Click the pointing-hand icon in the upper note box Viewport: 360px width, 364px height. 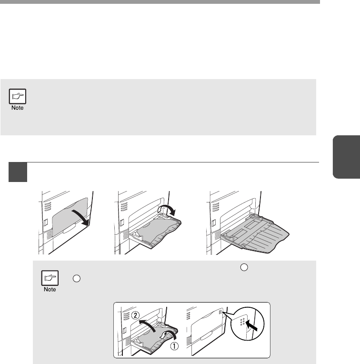pyautogui.click(x=18, y=96)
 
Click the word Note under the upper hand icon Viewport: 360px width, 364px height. pyautogui.click(x=18, y=108)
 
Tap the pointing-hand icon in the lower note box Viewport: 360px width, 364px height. pyautogui.click(x=50, y=278)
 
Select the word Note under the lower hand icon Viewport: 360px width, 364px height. pyautogui.click(x=50, y=289)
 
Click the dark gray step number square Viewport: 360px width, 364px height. pyautogui.click(x=18, y=172)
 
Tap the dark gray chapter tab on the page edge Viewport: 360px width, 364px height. pyautogui.click(x=347, y=157)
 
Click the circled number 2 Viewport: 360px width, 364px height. pyautogui.click(x=135, y=315)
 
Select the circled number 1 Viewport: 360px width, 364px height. pyautogui.click(x=174, y=346)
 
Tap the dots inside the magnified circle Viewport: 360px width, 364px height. pyautogui.click(x=242, y=322)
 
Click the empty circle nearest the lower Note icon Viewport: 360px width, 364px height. pyautogui.click(x=77, y=279)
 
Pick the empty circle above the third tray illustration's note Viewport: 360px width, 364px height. pyautogui.click(x=244, y=267)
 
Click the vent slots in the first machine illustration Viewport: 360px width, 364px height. pyautogui.click(x=48, y=206)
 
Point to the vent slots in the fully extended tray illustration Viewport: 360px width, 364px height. pyautogui.click(x=216, y=207)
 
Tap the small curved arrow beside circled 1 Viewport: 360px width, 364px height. pyautogui.click(x=169, y=334)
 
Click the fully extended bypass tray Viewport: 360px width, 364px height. pyautogui.click(x=255, y=234)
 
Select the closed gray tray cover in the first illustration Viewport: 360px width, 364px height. pyautogui.click(x=70, y=218)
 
